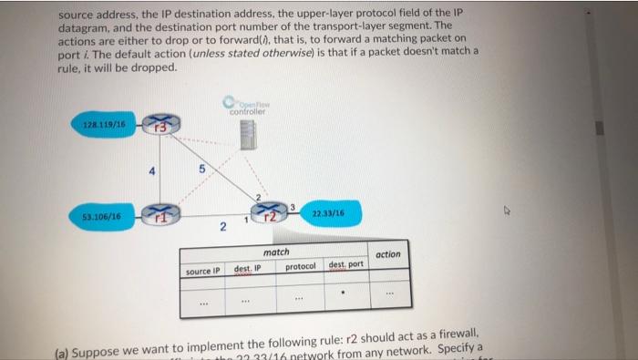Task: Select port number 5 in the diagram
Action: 187,169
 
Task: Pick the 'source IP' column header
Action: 202,271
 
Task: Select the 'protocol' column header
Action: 300,267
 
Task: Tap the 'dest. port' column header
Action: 346,264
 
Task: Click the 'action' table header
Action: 387,254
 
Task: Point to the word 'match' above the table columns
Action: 275,252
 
